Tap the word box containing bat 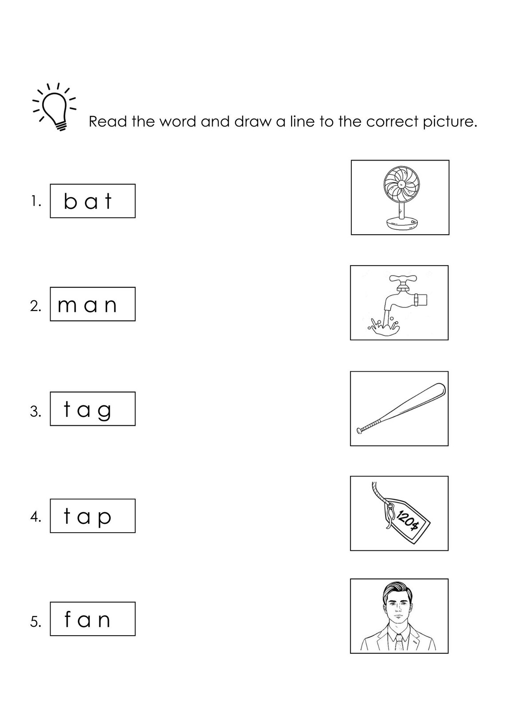(x=92, y=201)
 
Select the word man (x=88, y=305)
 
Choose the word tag (x=88, y=409)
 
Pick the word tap (x=88, y=516)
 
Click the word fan (x=88, y=620)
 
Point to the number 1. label (x=36, y=202)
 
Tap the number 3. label (x=35, y=412)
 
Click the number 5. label (x=35, y=622)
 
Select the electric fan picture (x=400, y=197)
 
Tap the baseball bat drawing (x=401, y=409)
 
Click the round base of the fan (x=402, y=224)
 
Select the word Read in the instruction (x=108, y=122)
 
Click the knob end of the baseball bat (x=359, y=430)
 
